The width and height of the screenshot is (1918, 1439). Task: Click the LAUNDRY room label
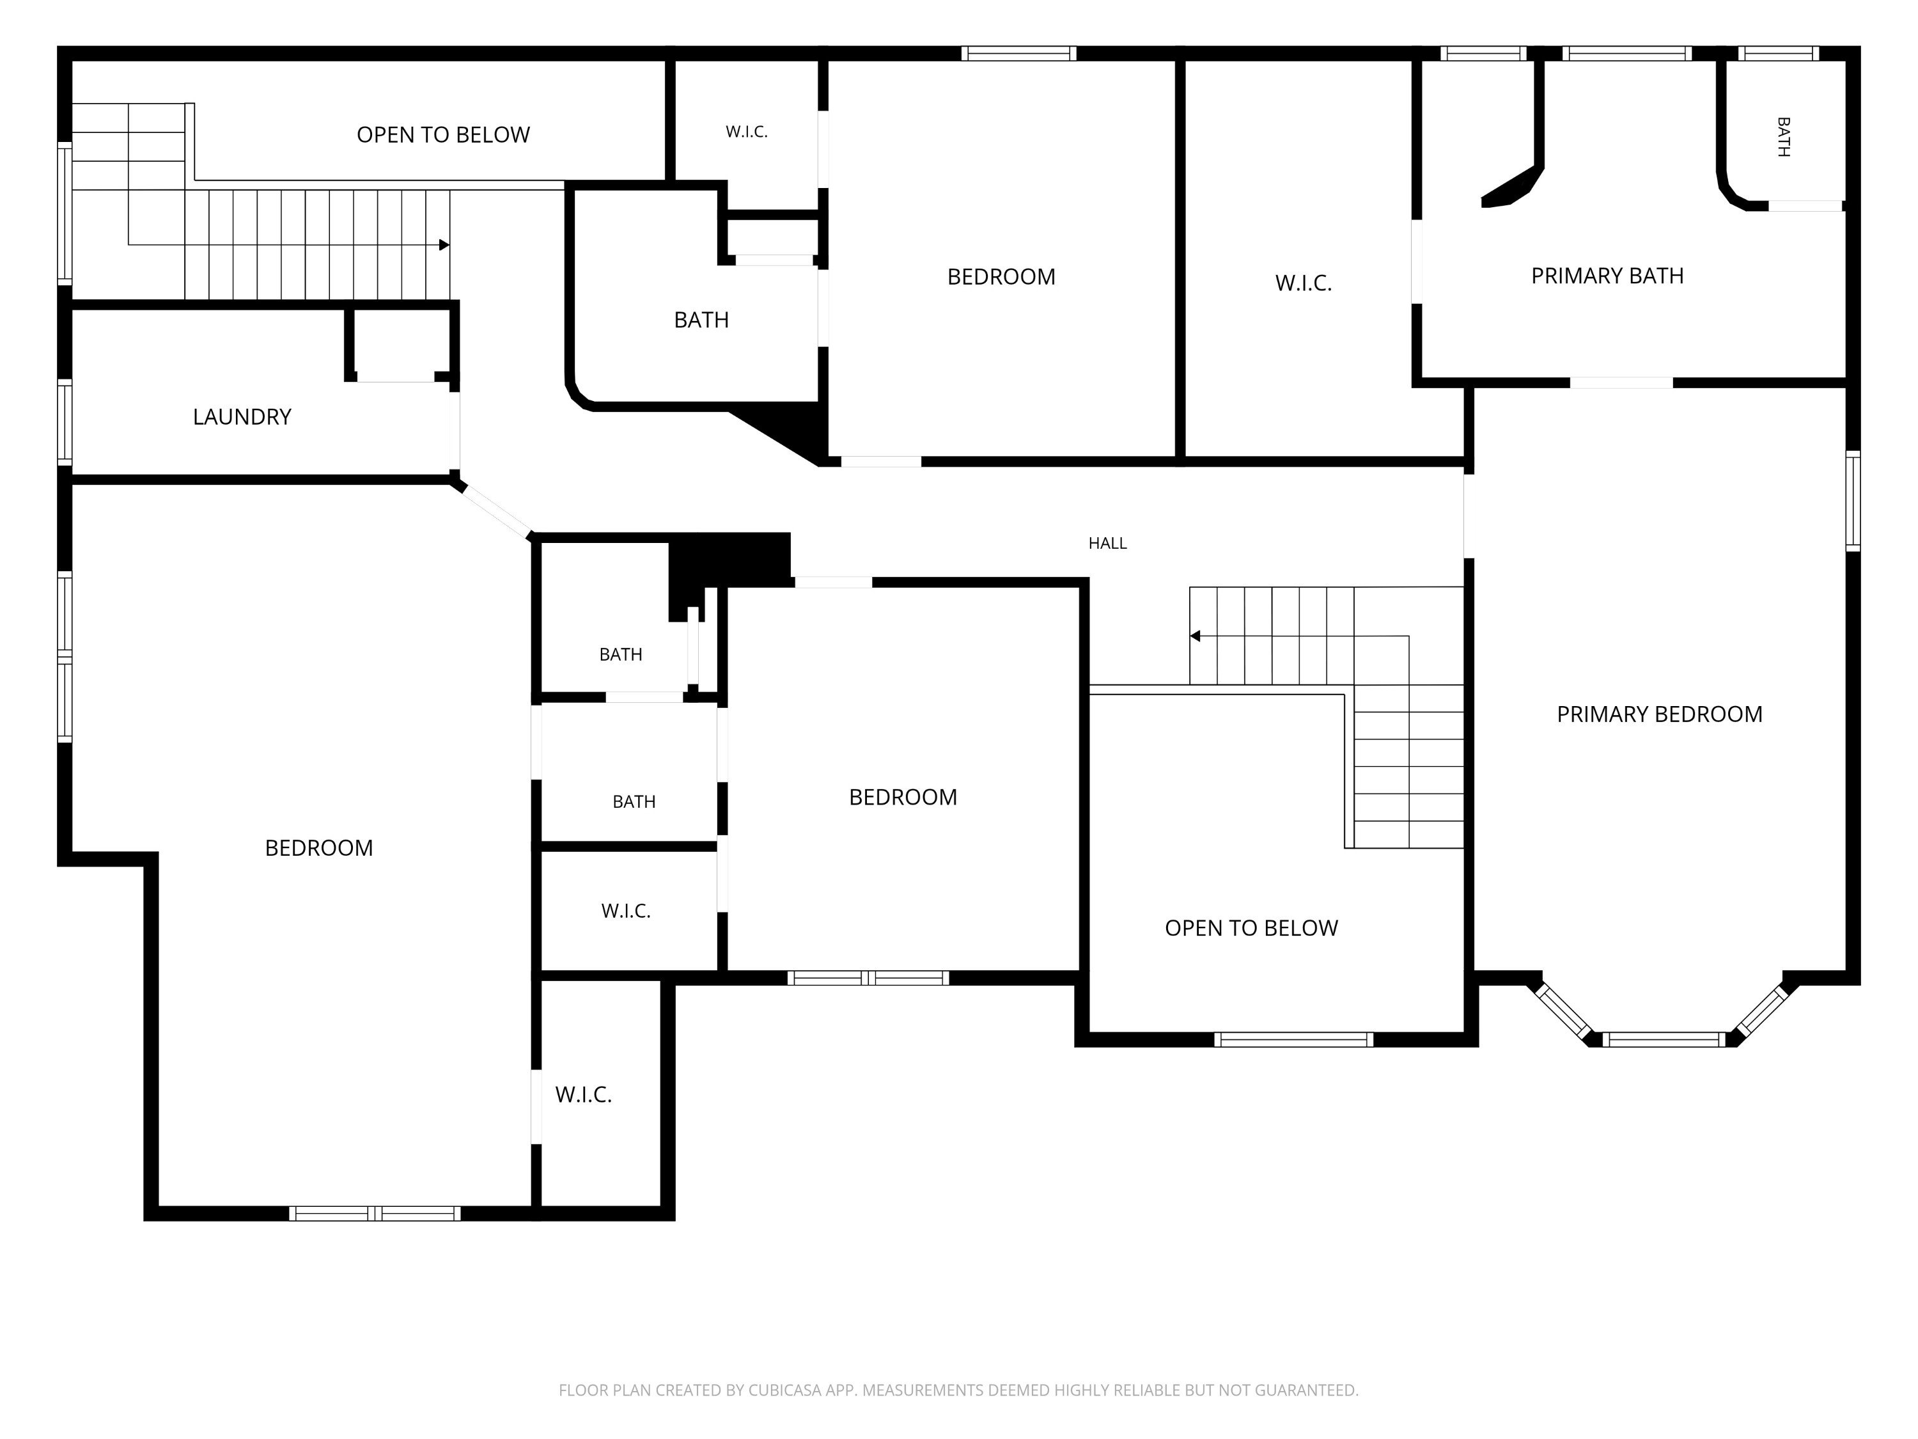(242, 417)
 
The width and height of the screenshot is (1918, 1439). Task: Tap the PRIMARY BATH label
(1607, 276)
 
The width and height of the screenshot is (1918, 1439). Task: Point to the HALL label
(1107, 543)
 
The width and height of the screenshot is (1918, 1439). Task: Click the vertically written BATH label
(1782, 137)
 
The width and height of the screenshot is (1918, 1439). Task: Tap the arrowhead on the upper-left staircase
(444, 244)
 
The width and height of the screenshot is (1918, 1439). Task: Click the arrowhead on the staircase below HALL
(1195, 636)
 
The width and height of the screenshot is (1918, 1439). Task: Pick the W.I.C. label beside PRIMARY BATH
(1303, 283)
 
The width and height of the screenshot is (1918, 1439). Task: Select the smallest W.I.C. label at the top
(747, 132)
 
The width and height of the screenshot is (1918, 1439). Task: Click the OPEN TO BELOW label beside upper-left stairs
(443, 134)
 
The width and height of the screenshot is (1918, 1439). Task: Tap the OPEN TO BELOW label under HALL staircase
(1251, 928)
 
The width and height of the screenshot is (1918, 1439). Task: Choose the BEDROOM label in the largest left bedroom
(319, 847)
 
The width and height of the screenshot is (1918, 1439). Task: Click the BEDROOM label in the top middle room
(1001, 277)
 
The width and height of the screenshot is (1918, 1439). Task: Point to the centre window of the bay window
(1664, 1039)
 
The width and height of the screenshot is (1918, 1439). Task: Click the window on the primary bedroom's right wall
(1853, 501)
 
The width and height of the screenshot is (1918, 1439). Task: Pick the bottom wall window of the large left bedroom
(375, 1213)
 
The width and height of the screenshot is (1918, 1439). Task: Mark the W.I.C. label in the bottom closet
(584, 1095)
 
